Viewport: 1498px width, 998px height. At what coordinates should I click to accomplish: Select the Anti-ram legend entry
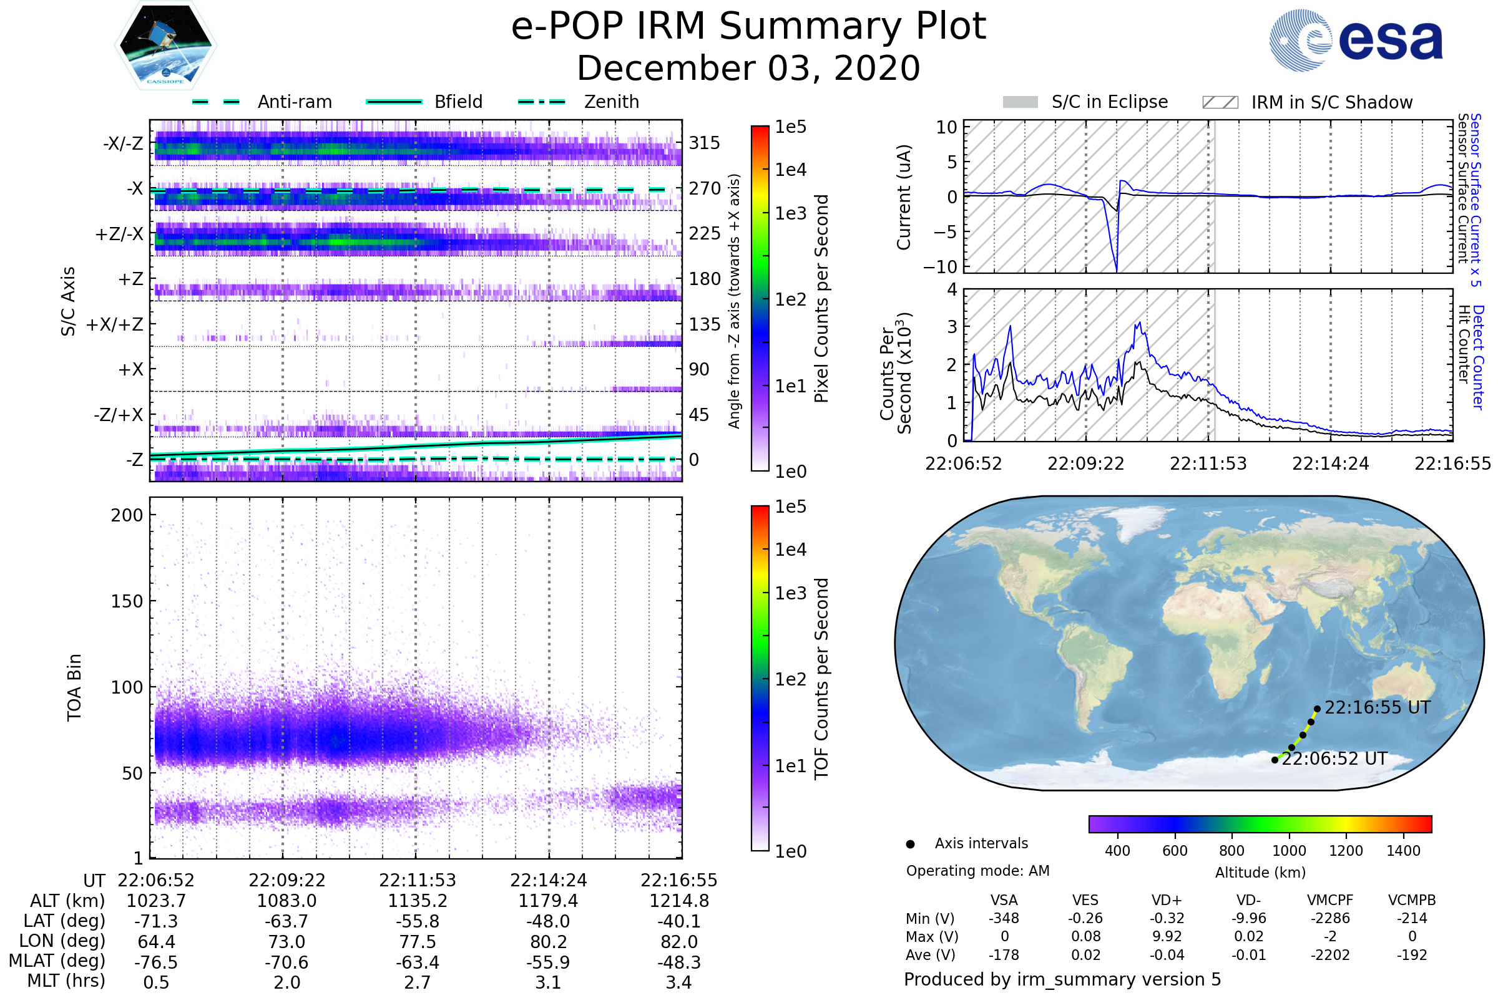(x=262, y=102)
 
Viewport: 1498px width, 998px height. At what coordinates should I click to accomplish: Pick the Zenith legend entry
(x=579, y=102)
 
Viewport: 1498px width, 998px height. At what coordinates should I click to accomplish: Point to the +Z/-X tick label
(x=119, y=235)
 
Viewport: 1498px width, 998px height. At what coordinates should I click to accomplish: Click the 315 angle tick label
(x=705, y=143)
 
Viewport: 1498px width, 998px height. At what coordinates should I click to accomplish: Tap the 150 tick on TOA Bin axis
(x=127, y=601)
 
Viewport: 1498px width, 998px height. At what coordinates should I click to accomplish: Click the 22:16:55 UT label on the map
(x=1377, y=708)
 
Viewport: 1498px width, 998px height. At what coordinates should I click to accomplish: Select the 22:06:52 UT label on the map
(x=1334, y=758)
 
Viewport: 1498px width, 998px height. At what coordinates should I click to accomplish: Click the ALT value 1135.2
(x=417, y=901)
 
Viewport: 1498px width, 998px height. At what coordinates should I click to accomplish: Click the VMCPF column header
(x=1330, y=901)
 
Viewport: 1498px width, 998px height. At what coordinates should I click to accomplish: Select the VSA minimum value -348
(x=1004, y=918)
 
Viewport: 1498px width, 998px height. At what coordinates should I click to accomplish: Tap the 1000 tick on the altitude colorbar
(x=1288, y=851)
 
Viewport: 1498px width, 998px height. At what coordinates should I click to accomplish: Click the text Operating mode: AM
(x=977, y=871)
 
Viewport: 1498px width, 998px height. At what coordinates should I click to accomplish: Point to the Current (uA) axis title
(x=904, y=197)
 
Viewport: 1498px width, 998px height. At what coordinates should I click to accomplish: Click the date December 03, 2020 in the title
(x=748, y=68)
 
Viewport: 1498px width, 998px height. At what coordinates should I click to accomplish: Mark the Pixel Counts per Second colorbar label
(x=821, y=299)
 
